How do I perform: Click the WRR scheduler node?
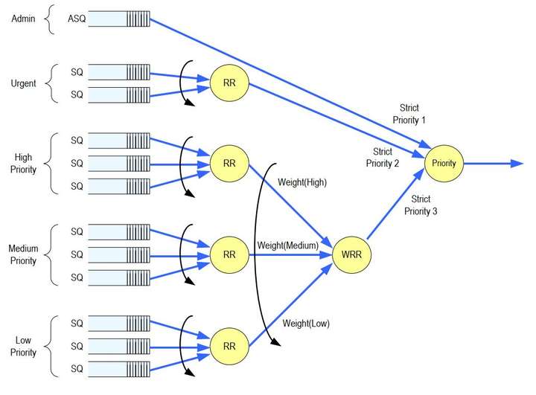pyautogui.click(x=351, y=254)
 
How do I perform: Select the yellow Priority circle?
pyautogui.click(x=444, y=163)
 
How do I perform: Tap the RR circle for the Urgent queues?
pyautogui.click(x=229, y=83)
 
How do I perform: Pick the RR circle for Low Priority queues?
pyautogui.click(x=229, y=346)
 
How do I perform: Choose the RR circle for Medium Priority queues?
pyautogui.click(x=229, y=254)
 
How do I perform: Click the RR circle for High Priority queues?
pyautogui.click(x=229, y=163)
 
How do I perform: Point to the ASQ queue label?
pyautogui.click(x=77, y=19)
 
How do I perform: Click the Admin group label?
pyautogui.click(x=23, y=19)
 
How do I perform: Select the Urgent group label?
pyautogui.click(x=23, y=83)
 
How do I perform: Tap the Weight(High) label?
pyautogui.click(x=302, y=182)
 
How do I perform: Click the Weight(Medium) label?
pyautogui.click(x=288, y=245)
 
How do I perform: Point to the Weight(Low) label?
pyautogui.click(x=306, y=324)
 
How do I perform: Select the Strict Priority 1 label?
pyautogui.click(x=409, y=114)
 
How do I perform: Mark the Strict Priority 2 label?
pyautogui.click(x=383, y=158)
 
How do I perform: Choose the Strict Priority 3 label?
pyautogui.click(x=421, y=205)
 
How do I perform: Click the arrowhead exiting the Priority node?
pyautogui.click(x=517, y=164)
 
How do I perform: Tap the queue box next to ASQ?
pyautogui.click(x=119, y=19)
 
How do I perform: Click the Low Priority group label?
pyautogui.click(x=23, y=346)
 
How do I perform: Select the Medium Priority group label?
pyautogui.click(x=23, y=254)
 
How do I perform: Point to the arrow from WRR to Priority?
pyautogui.click(x=395, y=204)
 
